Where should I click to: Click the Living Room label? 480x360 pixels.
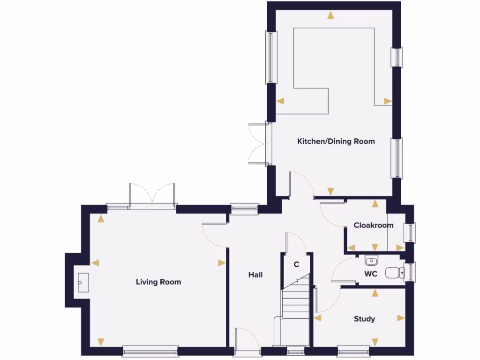(x=158, y=282)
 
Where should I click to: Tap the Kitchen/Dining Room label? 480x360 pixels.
(x=336, y=141)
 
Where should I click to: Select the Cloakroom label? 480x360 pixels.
(x=374, y=225)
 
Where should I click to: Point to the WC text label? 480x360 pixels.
(x=371, y=274)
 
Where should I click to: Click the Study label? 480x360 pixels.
(x=364, y=319)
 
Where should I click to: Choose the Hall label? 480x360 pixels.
(x=255, y=275)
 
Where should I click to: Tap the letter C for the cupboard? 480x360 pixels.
(x=296, y=264)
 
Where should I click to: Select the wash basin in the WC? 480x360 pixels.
(x=371, y=260)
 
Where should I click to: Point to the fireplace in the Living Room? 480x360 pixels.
(x=80, y=282)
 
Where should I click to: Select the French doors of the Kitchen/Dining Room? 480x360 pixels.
(x=258, y=143)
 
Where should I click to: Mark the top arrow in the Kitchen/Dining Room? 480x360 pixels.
(x=331, y=15)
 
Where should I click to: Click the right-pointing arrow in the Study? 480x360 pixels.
(x=401, y=318)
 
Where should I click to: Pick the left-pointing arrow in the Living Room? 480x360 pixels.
(x=96, y=263)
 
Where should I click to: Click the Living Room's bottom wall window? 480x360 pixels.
(x=150, y=349)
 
